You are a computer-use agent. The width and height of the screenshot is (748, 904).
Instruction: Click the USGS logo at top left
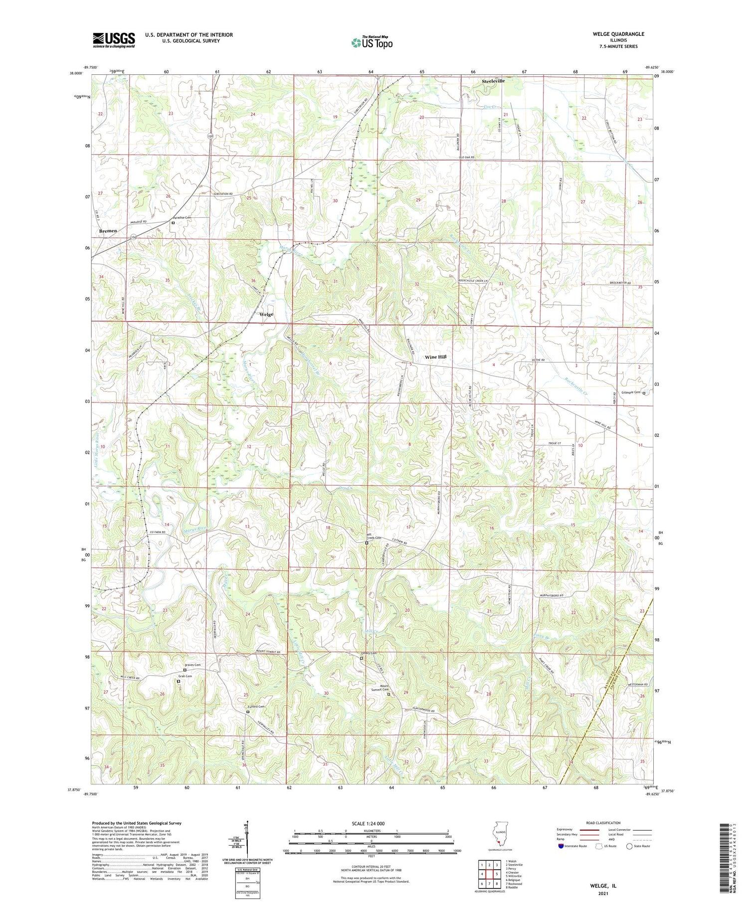(114, 40)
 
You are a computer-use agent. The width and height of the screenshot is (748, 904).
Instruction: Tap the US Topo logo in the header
(372, 43)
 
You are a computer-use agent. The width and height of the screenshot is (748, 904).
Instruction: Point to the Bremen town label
(108, 231)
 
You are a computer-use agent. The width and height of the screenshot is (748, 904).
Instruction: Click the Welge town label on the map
(266, 314)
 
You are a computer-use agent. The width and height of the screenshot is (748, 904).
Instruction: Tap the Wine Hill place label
(435, 357)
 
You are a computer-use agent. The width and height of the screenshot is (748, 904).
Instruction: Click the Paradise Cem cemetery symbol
(174, 223)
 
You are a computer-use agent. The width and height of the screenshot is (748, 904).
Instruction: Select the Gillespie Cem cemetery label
(630, 392)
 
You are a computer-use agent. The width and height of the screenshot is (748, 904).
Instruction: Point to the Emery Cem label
(362, 653)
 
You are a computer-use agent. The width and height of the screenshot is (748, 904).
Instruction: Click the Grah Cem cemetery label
(185, 676)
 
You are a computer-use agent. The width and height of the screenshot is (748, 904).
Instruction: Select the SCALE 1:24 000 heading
(372, 823)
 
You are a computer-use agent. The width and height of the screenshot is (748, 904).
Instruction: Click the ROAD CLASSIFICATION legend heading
(603, 823)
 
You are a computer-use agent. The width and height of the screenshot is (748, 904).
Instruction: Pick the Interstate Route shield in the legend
(561, 846)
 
